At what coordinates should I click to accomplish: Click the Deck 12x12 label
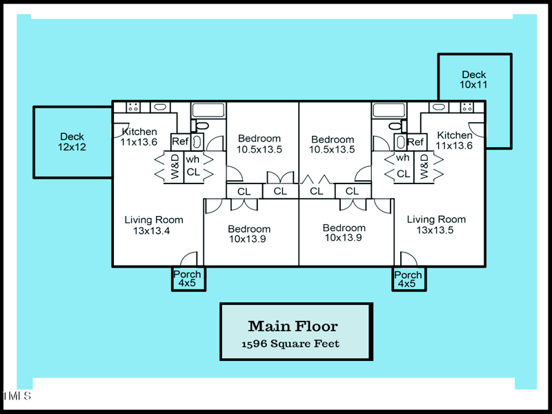coord(72,141)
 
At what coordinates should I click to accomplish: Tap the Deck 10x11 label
coord(474,79)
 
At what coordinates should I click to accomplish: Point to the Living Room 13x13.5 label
coord(436,225)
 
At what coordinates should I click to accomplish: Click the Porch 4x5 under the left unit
coord(187,279)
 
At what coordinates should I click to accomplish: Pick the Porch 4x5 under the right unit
coord(408,279)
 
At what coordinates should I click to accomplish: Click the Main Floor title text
coord(293,326)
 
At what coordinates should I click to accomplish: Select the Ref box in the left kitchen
coord(180,141)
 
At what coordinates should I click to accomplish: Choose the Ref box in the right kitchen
coord(415,142)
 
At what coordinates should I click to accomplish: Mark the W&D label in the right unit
coord(423,167)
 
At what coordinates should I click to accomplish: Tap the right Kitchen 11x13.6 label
coord(455,140)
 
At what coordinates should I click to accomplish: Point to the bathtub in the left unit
coord(208,110)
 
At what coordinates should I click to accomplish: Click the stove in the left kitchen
coord(133,108)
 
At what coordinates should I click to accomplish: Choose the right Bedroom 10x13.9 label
coord(344,233)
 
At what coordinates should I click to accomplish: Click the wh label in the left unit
coord(193,158)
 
